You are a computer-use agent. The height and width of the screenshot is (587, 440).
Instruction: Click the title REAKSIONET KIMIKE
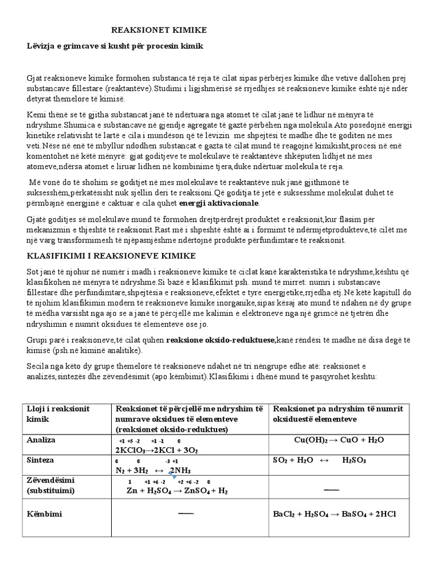tap(159, 30)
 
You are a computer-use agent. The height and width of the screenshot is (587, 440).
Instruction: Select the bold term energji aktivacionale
tap(219, 203)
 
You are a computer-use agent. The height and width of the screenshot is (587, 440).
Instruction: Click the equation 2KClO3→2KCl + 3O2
tap(156, 450)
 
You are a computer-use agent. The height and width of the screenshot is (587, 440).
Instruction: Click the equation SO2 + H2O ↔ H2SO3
tap(320, 460)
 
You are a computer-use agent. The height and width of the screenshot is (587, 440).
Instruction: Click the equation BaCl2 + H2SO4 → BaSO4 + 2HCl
tap(335, 514)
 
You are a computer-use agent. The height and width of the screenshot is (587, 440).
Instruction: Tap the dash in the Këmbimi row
tap(186, 513)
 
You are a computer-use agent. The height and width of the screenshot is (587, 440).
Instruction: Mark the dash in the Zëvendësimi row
tap(331, 489)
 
